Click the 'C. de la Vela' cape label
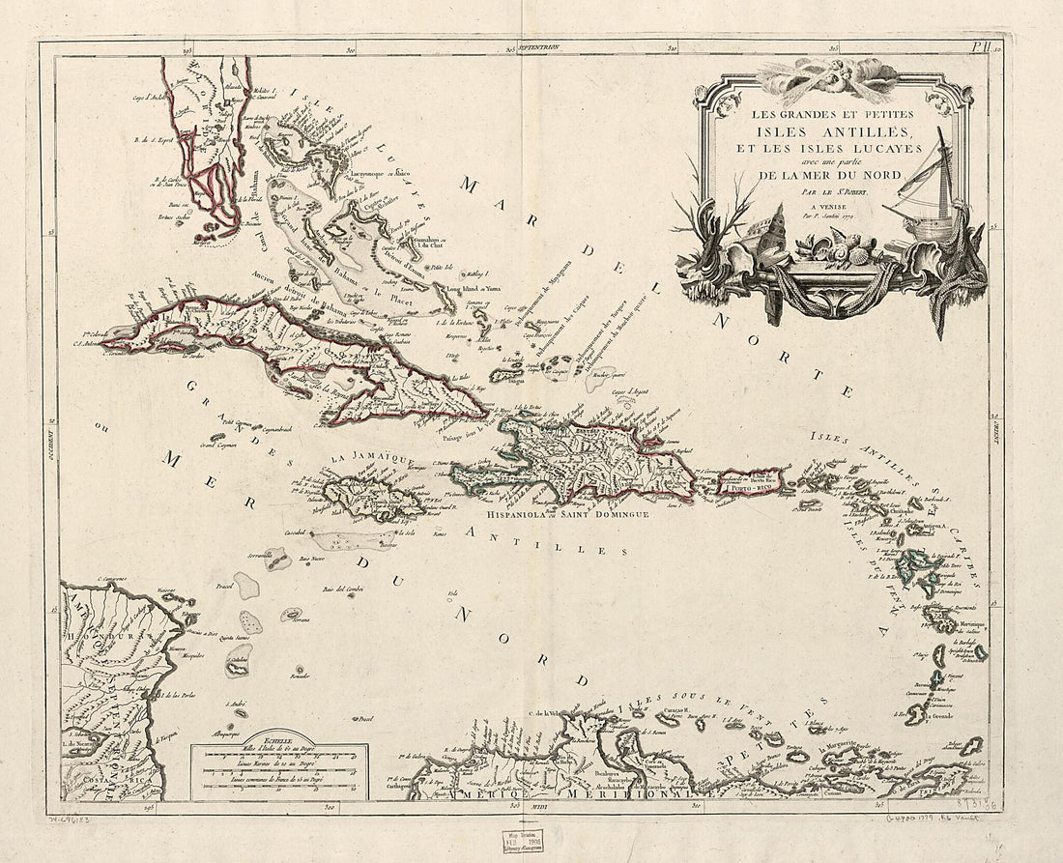coord(546,714)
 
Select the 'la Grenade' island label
coord(946,716)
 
